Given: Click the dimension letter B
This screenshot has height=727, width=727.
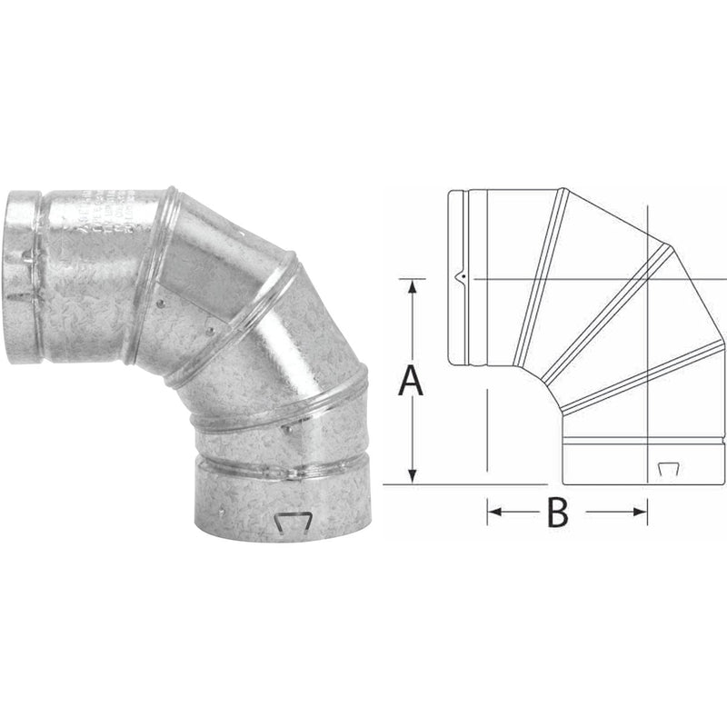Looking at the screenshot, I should [x=557, y=513].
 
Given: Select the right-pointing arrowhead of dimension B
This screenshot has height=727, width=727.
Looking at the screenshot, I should [x=642, y=513].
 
